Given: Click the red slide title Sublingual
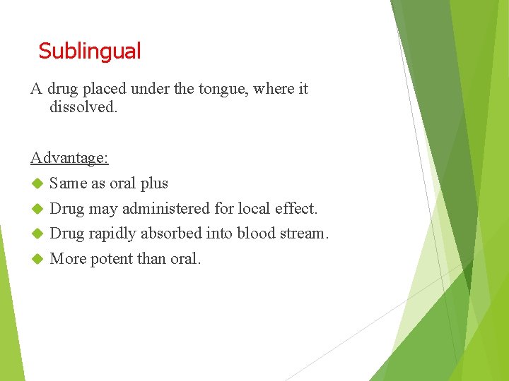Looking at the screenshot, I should pyautogui.click(x=90, y=51).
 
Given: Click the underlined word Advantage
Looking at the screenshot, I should pyautogui.click(x=69, y=157).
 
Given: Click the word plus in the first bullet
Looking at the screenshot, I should pyautogui.click(x=154, y=183).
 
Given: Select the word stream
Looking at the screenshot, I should pyautogui.click(x=305, y=234).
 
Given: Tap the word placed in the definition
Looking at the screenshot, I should pyautogui.click(x=106, y=89).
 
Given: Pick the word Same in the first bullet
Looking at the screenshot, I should pyautogui.click(x=68, y=183).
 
